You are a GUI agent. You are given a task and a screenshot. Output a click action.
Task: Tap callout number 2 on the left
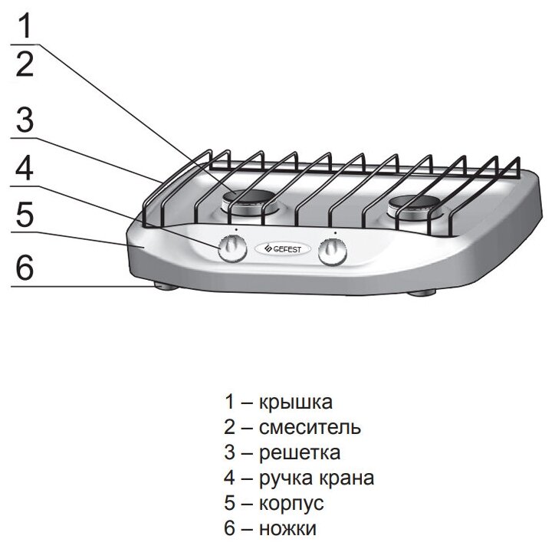coord(25,65)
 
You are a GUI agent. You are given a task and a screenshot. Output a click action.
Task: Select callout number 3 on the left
coord(25,120)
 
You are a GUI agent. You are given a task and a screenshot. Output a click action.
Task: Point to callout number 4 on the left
coord(25,169)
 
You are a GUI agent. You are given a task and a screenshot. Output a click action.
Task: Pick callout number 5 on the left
coord(25,215)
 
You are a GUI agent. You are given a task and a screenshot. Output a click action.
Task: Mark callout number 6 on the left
coord(25,268)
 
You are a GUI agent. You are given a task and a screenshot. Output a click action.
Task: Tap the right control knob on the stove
coord(333,251)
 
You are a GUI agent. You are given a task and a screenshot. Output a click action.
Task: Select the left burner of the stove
coord(251,201)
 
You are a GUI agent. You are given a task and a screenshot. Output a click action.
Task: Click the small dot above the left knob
coord(237,228)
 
